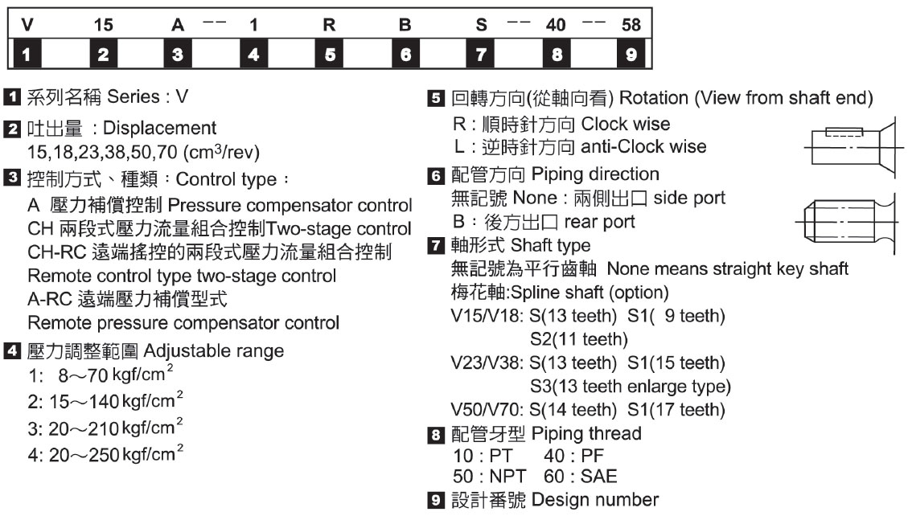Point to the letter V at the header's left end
tap(28, 25)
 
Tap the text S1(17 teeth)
tap(664, 410)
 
